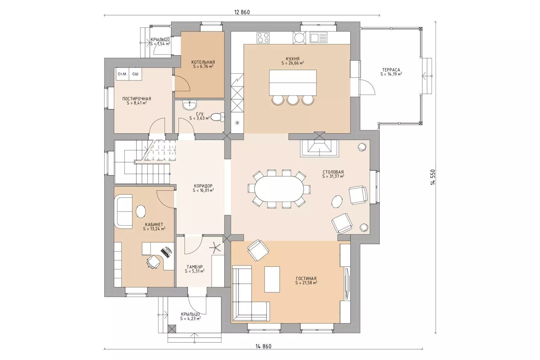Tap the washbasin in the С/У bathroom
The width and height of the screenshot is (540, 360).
tap(190, 105)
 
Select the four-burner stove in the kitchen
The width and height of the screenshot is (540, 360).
tap(263, 38)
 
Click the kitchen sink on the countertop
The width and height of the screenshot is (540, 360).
tap(318, 37)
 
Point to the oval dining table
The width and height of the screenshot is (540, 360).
tap(279, 189)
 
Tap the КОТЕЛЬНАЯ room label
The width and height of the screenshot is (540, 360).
tap(203, 62)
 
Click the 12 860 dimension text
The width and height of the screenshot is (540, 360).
tap(242, 12)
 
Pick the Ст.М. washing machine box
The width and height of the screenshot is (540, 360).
tap(122, 74)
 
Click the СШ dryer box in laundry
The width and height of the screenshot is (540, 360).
tap(135, 74)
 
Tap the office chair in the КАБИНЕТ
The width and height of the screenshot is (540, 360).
tap(153, 262)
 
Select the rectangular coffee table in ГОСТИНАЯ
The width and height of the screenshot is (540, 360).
tap(272, 279)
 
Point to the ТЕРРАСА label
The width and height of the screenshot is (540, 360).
tap(391, 70)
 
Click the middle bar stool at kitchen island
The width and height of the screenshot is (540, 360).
tap(293, 100)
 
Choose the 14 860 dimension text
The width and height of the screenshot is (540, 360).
tap(264, 346)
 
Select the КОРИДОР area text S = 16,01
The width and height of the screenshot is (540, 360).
tap(203, 190)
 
